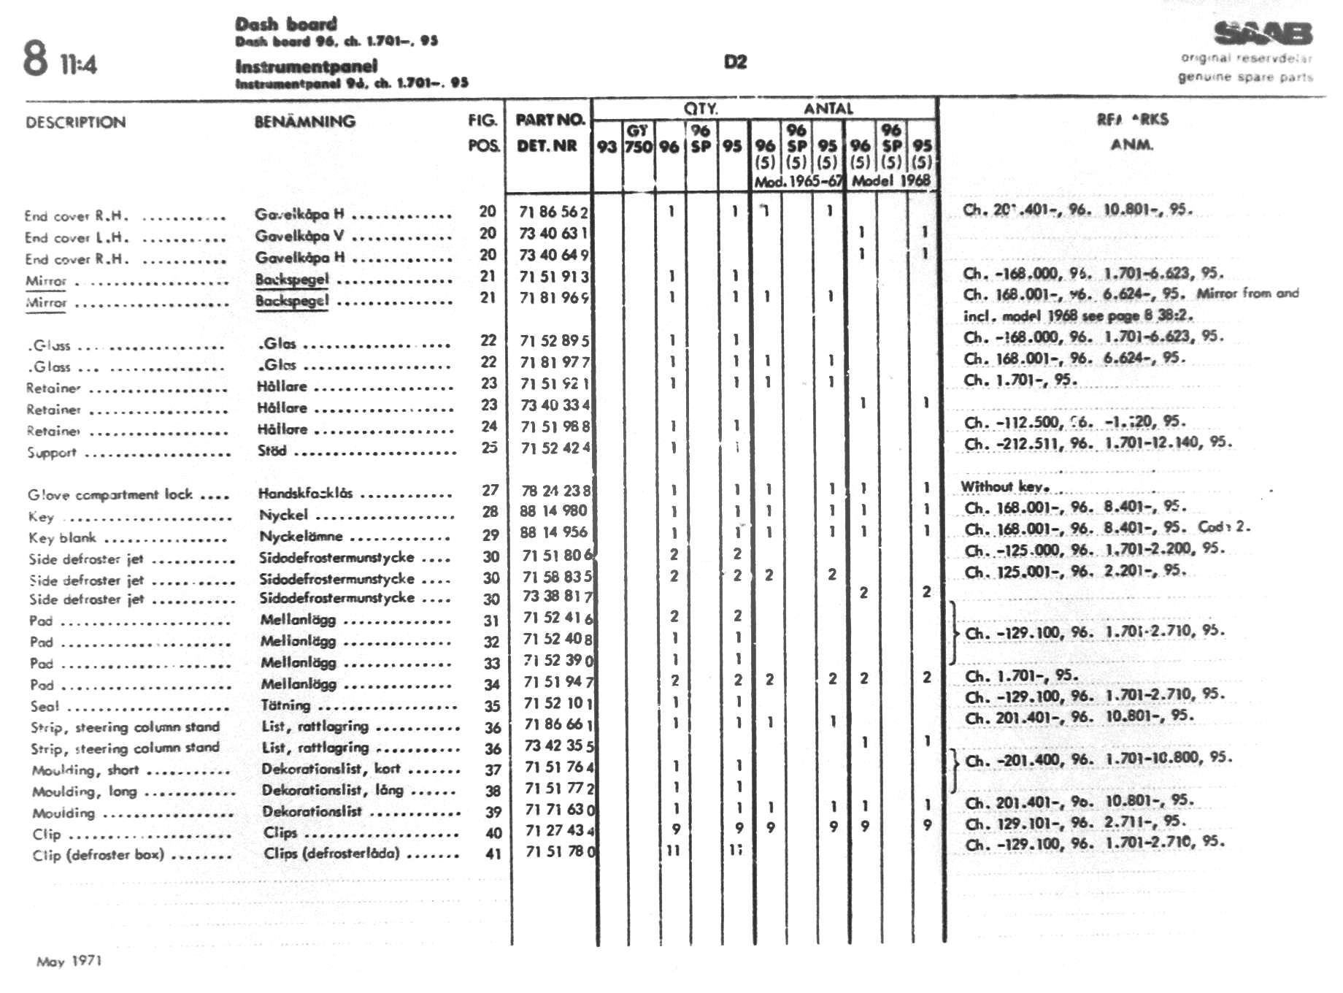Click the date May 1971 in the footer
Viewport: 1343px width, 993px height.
(x=69, y=961)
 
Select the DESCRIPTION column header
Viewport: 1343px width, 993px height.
(x=75, y=123)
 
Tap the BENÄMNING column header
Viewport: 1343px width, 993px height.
(x=304, y=121)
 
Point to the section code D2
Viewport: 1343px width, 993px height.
(x=735, y=62)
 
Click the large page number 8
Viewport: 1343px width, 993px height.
(x=35, y=59)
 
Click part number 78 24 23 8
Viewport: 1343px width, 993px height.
(x=555, y=491)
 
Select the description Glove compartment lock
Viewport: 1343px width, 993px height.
(x=110, y=495)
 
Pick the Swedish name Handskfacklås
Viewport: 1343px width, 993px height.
(x=305, y=493)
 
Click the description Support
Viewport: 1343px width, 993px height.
(x=52, y=453)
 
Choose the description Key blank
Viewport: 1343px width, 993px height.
(x=63, y=538)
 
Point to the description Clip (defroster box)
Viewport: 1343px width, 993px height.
(x=98, y=855)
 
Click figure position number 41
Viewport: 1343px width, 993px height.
(x=493, y=853)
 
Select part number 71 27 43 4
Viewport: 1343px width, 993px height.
(x=559, y=831)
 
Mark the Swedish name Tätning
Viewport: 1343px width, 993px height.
(x=285, y=705)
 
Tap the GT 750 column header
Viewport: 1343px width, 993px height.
(x=638, y=139)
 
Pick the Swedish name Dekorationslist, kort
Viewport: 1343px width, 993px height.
(x=331, y=769)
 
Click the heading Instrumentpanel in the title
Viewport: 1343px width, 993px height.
(x=306, y=66)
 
